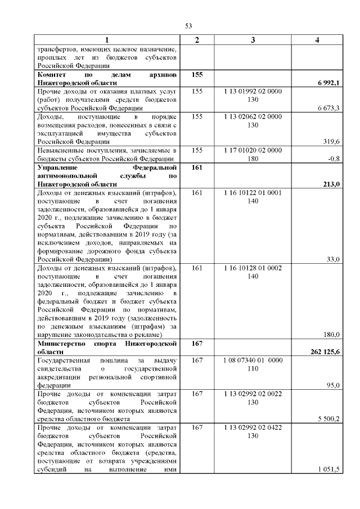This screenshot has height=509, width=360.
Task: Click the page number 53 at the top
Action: coord(188,26)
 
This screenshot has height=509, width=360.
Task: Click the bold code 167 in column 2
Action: coord(197,343)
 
